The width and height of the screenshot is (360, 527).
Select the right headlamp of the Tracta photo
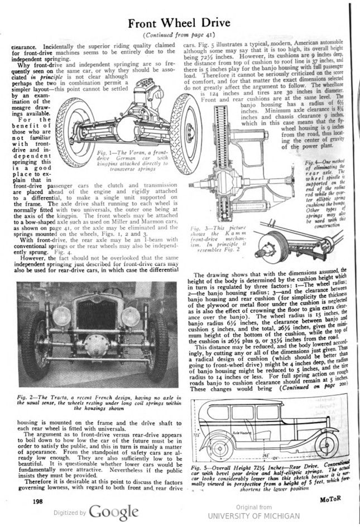pyautogui.click(x=130, y=316)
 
